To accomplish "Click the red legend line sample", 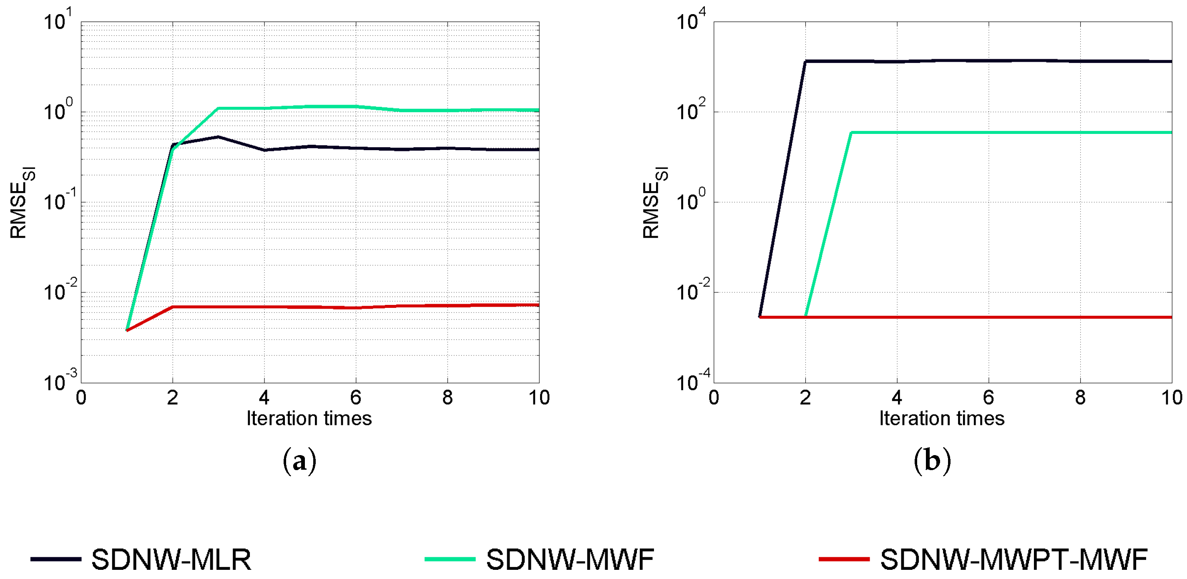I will point(844,559).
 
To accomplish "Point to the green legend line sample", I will point(450,559).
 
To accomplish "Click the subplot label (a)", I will point(299,461).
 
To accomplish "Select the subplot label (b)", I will point(932,461).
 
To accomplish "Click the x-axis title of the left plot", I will point(309,418).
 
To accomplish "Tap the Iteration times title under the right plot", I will point(941,418).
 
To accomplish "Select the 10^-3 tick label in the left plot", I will point(60,381).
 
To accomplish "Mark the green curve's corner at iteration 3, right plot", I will point(851,133).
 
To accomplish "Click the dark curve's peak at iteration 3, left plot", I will point(218,137).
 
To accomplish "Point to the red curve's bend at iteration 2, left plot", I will point(172,307).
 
